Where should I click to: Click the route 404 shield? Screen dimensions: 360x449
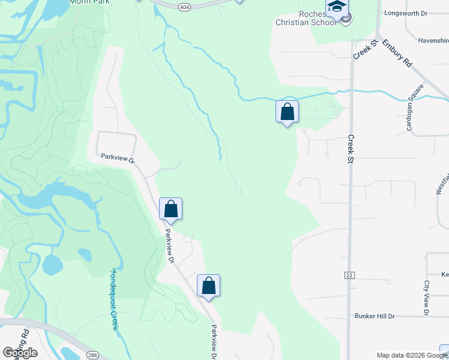click(184, 6)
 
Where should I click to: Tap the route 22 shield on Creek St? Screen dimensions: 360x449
click(349, 275)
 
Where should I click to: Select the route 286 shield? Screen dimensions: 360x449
click(92, 355)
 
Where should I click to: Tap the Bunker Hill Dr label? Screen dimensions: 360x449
click(375, 316)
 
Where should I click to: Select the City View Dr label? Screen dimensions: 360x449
click(426, 298)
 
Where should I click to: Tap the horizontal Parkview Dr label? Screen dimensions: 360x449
click(118, 158)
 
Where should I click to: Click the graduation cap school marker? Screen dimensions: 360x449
click(337, 8)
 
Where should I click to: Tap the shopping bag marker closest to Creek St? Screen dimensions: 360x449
click(288, 112)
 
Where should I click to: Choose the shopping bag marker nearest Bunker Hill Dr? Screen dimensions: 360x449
click(208, 286)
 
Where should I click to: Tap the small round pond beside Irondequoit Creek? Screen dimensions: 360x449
click(52, 264)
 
